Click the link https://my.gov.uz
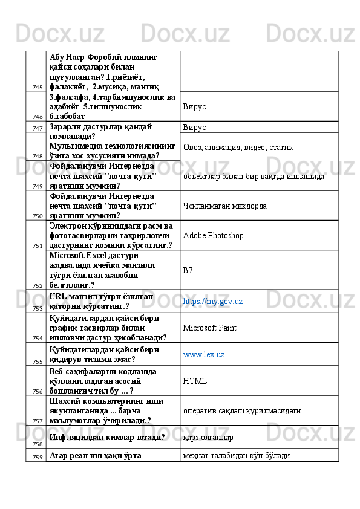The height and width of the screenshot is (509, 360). [212, 301]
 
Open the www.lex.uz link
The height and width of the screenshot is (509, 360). [204, 354]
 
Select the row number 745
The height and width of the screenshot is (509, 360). [38, 88]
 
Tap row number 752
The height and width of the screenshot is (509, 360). [38, 285]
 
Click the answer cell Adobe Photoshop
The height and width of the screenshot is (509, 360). [212, 235]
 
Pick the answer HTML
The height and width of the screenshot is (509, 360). [195, 381]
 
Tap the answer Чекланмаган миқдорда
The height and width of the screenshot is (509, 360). [224, 206]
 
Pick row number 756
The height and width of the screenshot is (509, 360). [38, 391]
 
